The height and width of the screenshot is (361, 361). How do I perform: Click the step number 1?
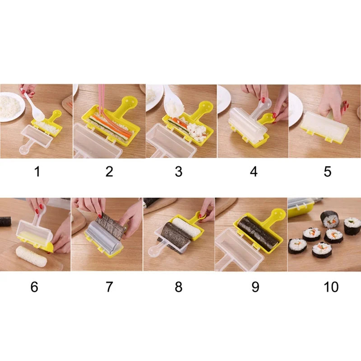coord(37,171)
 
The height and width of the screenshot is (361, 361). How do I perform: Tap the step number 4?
coord(254,171)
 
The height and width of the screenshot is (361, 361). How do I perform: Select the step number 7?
coord(109,287)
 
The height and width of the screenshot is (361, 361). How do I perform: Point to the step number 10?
coord(331,287)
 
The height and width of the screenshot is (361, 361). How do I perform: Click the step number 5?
coord(328,171)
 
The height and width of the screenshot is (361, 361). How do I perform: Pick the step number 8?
coord(178,287)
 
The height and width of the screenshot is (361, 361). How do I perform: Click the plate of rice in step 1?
coord(12,106)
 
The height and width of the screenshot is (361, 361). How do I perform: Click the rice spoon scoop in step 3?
coord(174,102)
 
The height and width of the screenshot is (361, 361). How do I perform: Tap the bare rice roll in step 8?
coord(186,227)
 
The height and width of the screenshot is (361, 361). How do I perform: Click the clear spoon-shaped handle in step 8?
coord(157,250)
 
